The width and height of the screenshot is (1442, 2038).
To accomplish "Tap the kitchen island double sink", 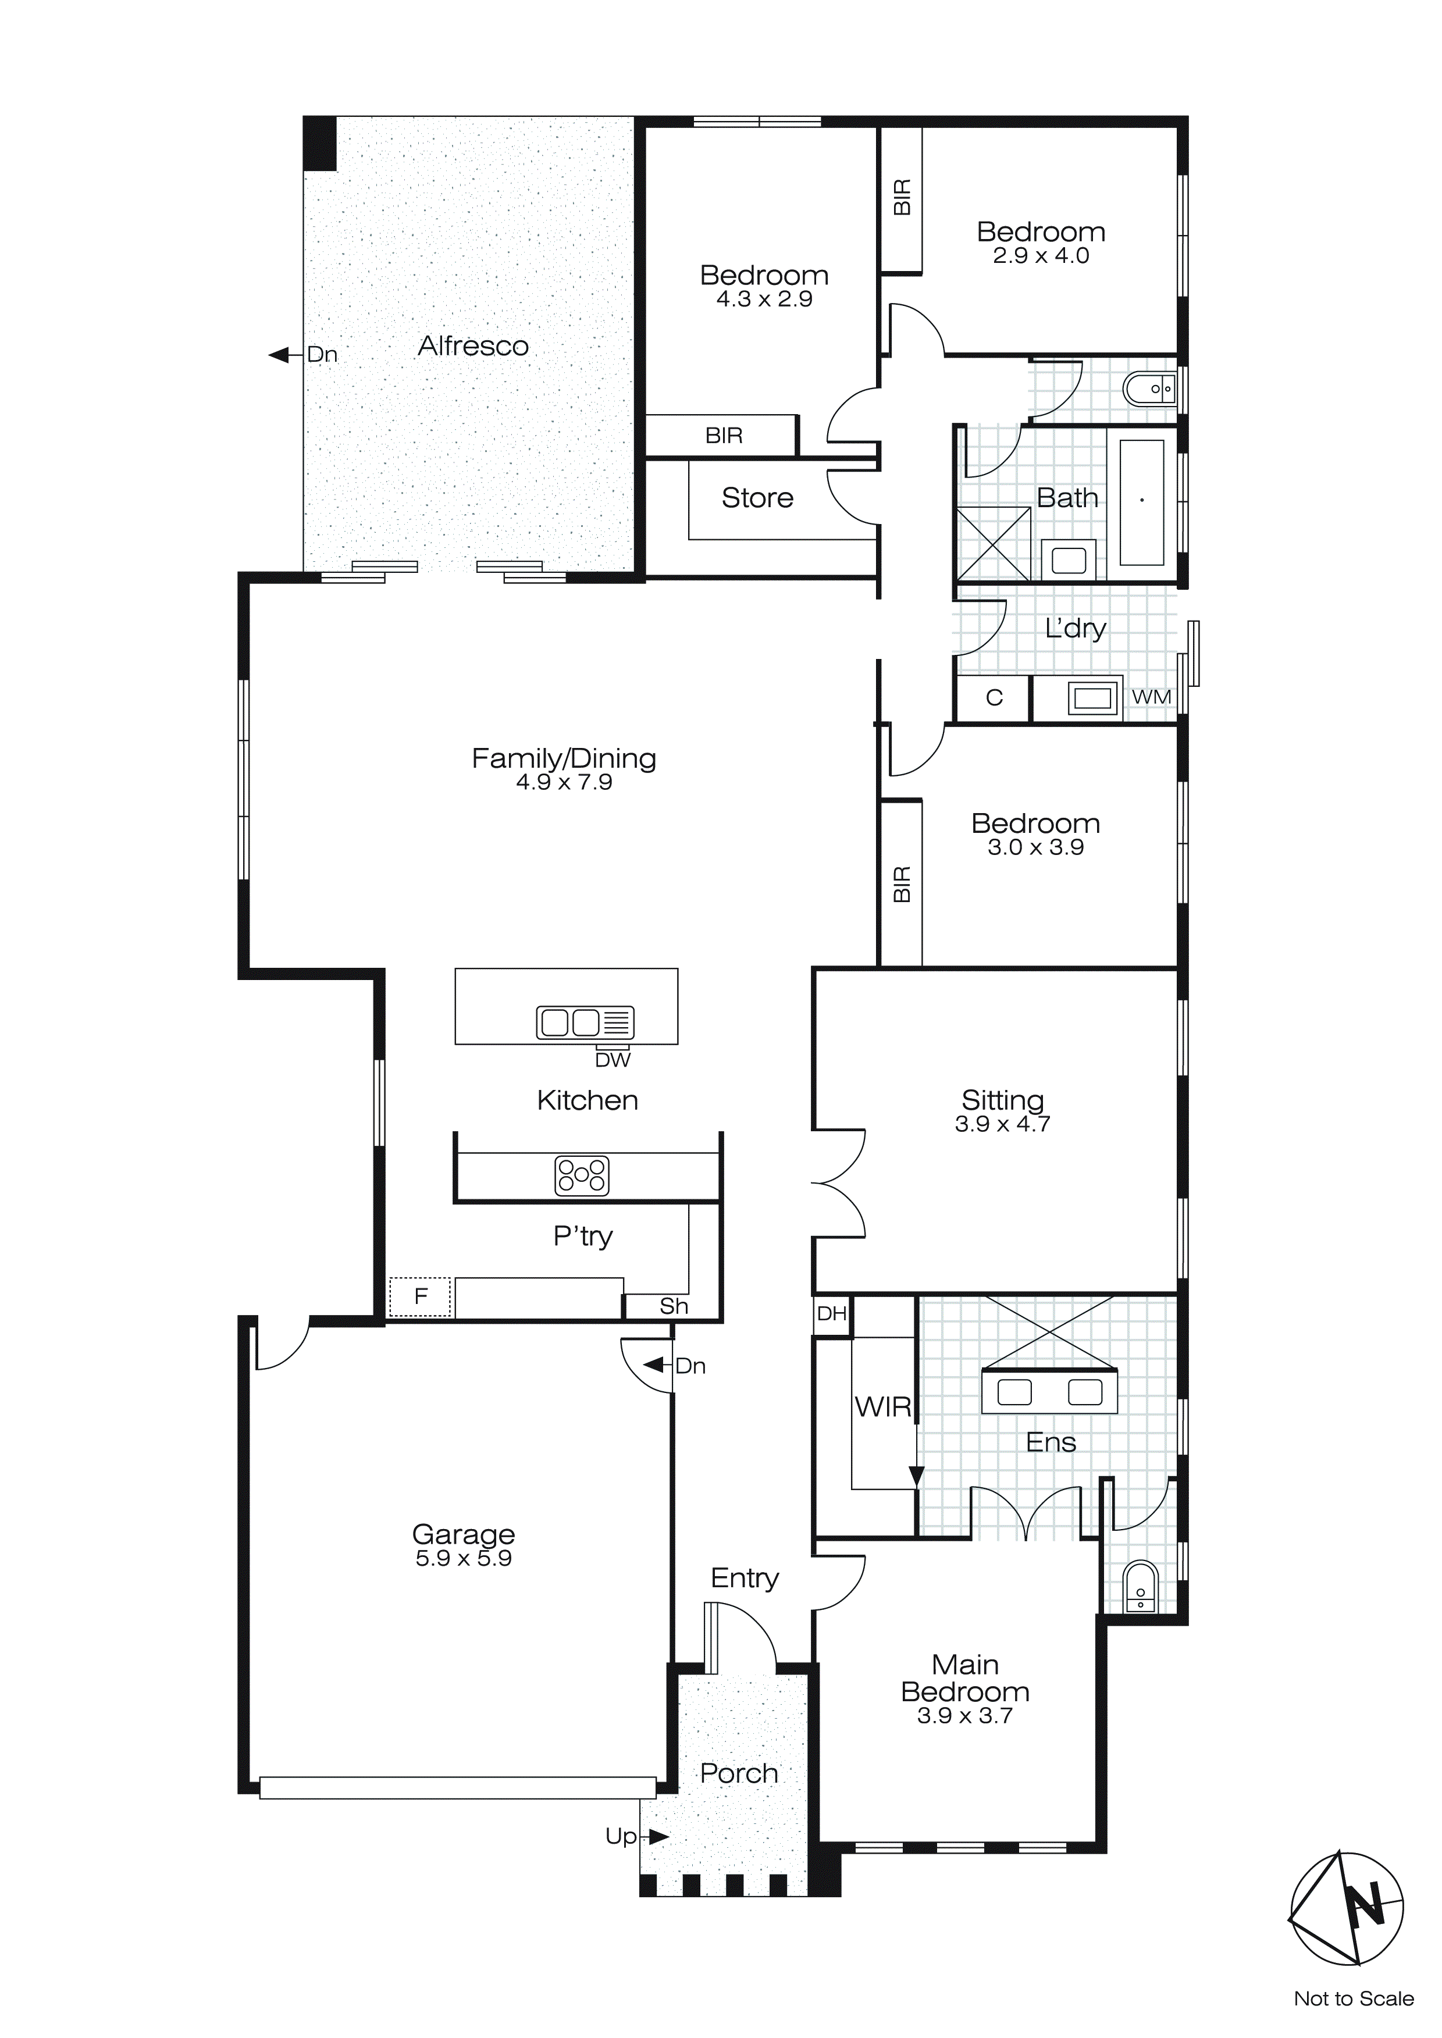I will [x=584, y=1022].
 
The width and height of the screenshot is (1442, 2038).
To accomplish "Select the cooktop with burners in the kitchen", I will [x=582, y=1175].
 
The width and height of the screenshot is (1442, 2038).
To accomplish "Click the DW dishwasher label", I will [x=612, y=1060].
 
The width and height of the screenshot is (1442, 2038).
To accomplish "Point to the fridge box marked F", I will [x=421, y=1297].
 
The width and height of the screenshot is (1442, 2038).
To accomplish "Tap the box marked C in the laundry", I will [x=994, y=698].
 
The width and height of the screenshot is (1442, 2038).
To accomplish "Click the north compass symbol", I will [x=1347, y=1908].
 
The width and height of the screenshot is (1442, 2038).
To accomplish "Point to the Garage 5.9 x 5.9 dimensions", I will [x=464, y=1559].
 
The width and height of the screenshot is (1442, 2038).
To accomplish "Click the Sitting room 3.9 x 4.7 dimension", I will [x=1002, y=1124].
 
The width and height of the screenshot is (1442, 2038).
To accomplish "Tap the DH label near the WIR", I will [x=831, y=1314].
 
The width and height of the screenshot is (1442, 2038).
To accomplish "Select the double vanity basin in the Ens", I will [x=1049, y=1393].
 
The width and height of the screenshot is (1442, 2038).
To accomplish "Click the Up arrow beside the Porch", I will [x=658, y=1837].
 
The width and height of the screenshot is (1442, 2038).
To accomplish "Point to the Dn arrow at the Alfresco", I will [x=280, y=355].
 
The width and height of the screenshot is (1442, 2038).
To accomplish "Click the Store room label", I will [x=757, y=498].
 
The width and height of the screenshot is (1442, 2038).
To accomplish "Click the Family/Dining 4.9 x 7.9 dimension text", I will [x=564, y=782].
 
